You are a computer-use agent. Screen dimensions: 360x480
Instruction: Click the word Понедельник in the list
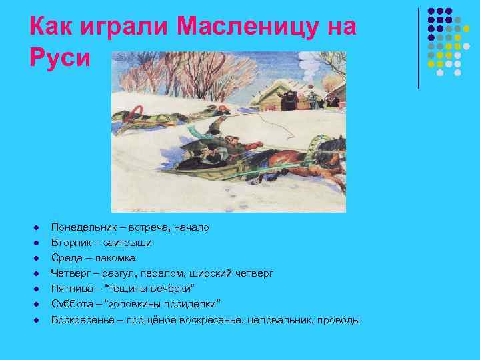pos(81,227)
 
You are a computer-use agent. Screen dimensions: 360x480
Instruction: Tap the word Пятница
pos(71,289)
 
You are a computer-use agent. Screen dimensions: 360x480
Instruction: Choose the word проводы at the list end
pos(339,320)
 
